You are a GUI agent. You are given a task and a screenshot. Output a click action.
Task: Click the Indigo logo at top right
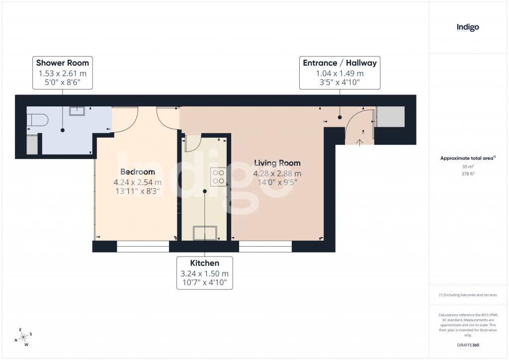click(x=468, y=27)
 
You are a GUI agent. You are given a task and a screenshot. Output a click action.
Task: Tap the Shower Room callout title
click(x=63, y=63)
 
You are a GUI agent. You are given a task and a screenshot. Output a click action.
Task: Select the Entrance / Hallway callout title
click(x=340, y=63)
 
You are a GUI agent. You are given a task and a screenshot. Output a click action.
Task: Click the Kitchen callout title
click(x=204, y=263)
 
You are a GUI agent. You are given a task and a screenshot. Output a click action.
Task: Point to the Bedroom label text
click(x=138, y=172)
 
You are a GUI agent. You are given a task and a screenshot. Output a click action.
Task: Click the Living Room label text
click(x=277, y=163)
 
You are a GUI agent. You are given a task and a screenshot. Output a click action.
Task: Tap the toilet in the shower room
click(x=38, y=119)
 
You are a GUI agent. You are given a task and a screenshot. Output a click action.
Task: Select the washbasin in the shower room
click(x=77, y=110)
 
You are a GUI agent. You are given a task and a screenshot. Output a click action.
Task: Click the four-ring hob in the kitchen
click(x=219, y=177)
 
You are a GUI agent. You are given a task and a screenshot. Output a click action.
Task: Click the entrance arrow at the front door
click(x=359, y=141)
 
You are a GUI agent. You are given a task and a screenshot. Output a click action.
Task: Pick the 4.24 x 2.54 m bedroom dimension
click(x=138, y=182)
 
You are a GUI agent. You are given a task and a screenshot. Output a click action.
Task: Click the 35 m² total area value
click(x=468, y=167)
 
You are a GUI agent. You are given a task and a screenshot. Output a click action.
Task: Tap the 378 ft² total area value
click(x=468, y=174)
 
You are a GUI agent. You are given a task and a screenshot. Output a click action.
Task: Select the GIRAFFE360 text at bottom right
click(x=468, y=345)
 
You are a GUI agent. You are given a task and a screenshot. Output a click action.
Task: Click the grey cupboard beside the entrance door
click(x=390, y=117)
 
